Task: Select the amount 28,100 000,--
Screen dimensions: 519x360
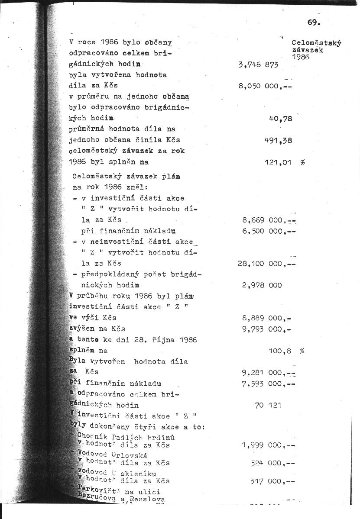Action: tap(266, 263)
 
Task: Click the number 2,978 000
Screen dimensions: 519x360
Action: tap(262, 285)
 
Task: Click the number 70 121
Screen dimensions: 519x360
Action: tap(268, 405)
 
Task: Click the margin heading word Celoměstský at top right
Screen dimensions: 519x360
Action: tap(316, 43)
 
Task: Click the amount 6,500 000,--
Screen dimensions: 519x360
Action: tap(269, 231)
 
